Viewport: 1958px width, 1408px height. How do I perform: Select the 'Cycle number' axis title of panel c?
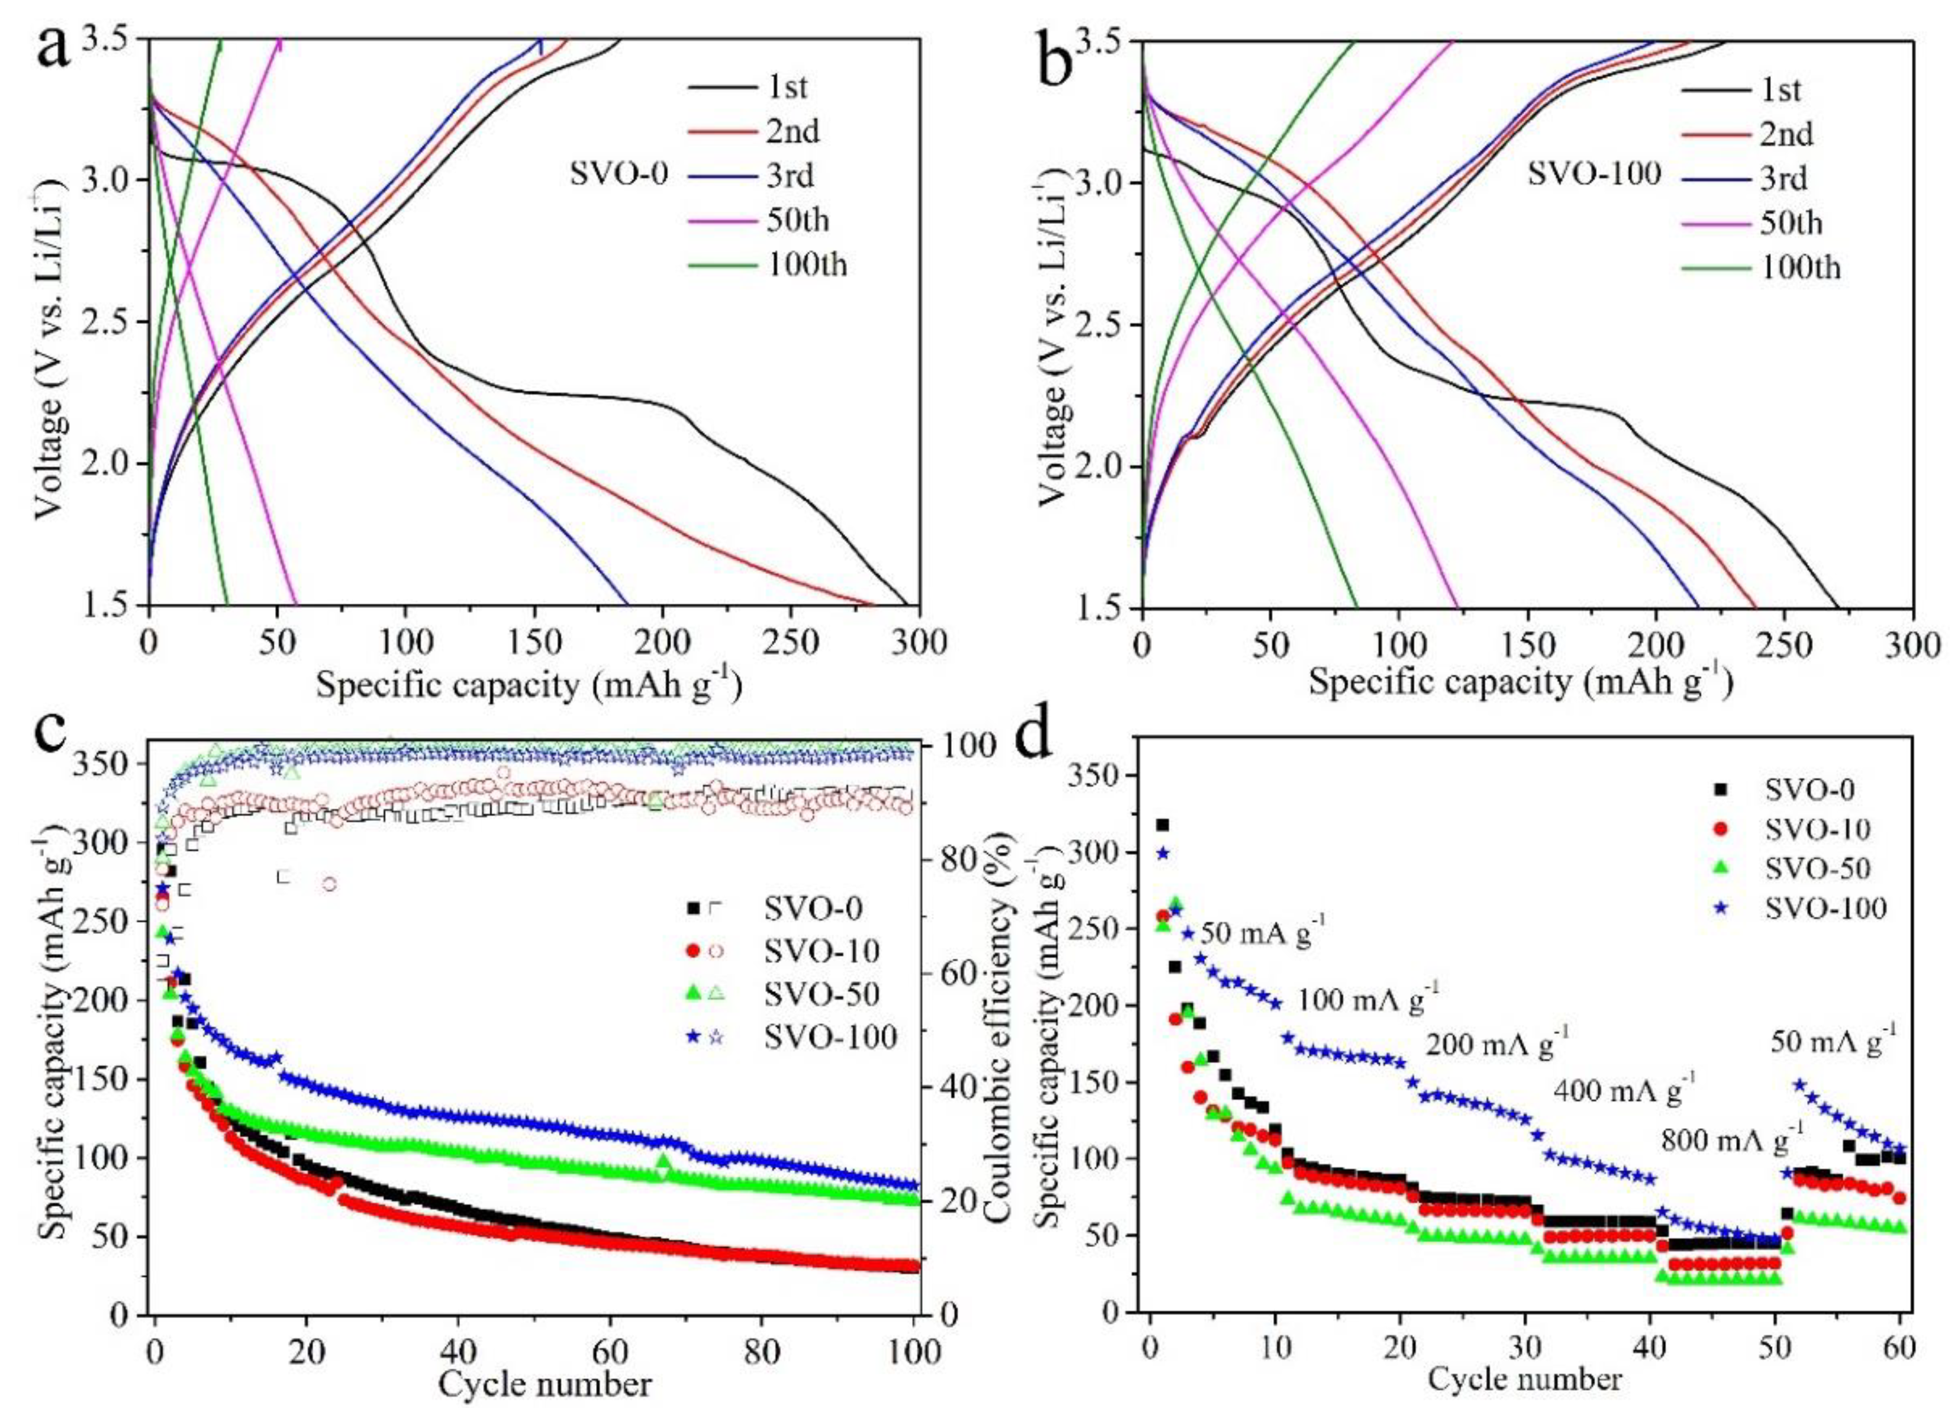coord(545,1385)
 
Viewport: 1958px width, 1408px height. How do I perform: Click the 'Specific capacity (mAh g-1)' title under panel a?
coord(529,687)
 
